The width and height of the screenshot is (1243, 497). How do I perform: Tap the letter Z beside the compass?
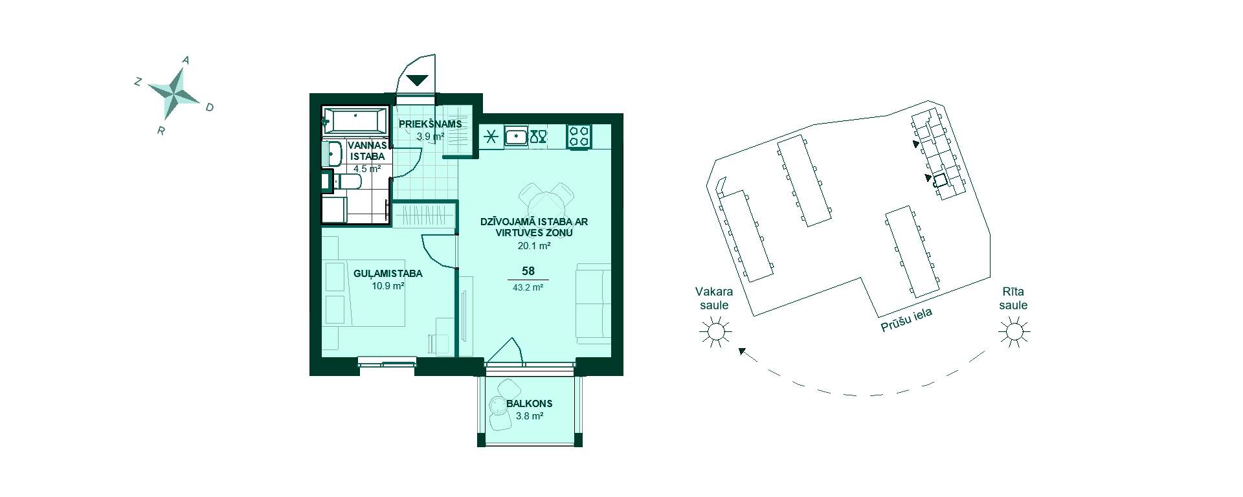point(138,82)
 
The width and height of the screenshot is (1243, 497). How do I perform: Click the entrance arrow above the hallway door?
point(417,80)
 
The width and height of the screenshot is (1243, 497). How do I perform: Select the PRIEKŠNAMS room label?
point(431,124)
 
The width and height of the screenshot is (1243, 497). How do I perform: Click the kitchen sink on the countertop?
point(516,137)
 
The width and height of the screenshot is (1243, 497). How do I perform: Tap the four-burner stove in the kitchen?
point(579,137)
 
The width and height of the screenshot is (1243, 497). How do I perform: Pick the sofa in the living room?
point(593,303)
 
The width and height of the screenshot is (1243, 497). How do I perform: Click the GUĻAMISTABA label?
point(388,274)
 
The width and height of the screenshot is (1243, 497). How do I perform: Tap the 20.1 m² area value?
point(534,246)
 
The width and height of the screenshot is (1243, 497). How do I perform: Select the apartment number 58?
point(528,272)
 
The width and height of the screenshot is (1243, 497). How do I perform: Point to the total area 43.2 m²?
point(528,287)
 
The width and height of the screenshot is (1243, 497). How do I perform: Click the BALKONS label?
point(530,404)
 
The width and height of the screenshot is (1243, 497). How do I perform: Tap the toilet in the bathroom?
point(348,181)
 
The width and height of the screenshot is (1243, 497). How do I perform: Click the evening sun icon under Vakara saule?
point(715,333)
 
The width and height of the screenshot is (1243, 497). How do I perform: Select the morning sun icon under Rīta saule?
point(1014,333)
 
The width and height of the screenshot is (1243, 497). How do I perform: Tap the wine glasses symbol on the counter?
point(539,137)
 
